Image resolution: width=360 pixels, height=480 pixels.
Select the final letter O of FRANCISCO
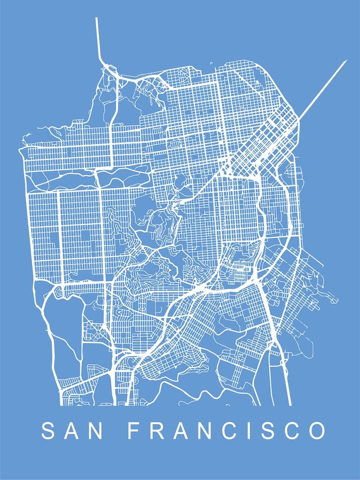tap(315, 431)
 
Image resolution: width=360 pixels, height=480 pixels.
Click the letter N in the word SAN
tap(96, 431)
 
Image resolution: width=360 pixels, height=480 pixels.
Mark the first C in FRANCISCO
tap(219, 431)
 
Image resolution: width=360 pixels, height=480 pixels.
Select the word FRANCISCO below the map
tap(226, 431)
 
